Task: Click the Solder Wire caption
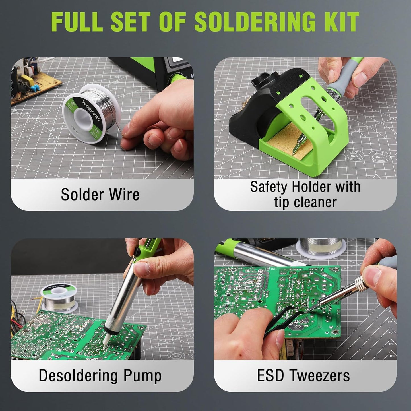coord(100,195)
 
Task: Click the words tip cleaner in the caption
coord(305,202)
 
